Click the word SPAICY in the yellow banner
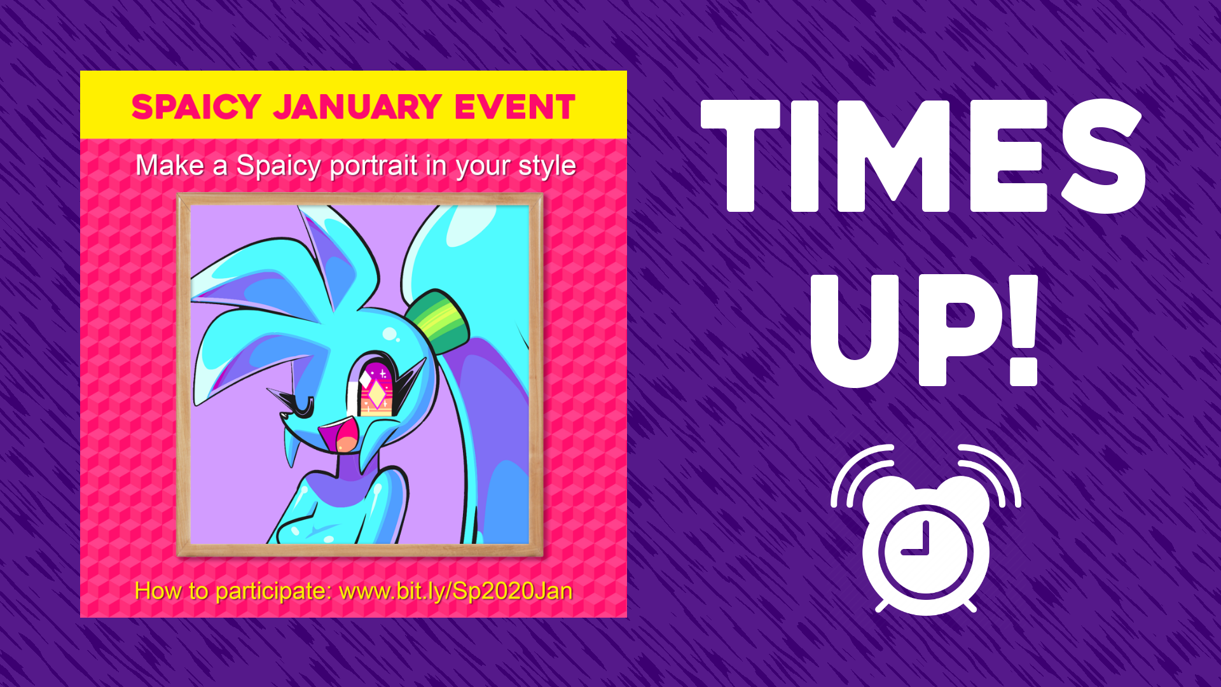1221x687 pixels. pyautogui.click(x=196, y=107)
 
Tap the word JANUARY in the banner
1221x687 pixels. pyautogui.click(x=357, y=107)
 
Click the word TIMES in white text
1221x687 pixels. pyautogui.click(x=923, y=156)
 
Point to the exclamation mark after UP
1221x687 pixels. pyautogui.click(x=1023, y=330)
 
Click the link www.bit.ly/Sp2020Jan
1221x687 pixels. pyautogui.click(x=456, y=591)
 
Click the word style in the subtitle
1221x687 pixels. pyautogui.click(x=547, y=166)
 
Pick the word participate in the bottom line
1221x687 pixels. pyautogui.click(x=273, y=592)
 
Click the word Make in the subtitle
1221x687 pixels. pyautogui.click(x=170, y=165)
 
